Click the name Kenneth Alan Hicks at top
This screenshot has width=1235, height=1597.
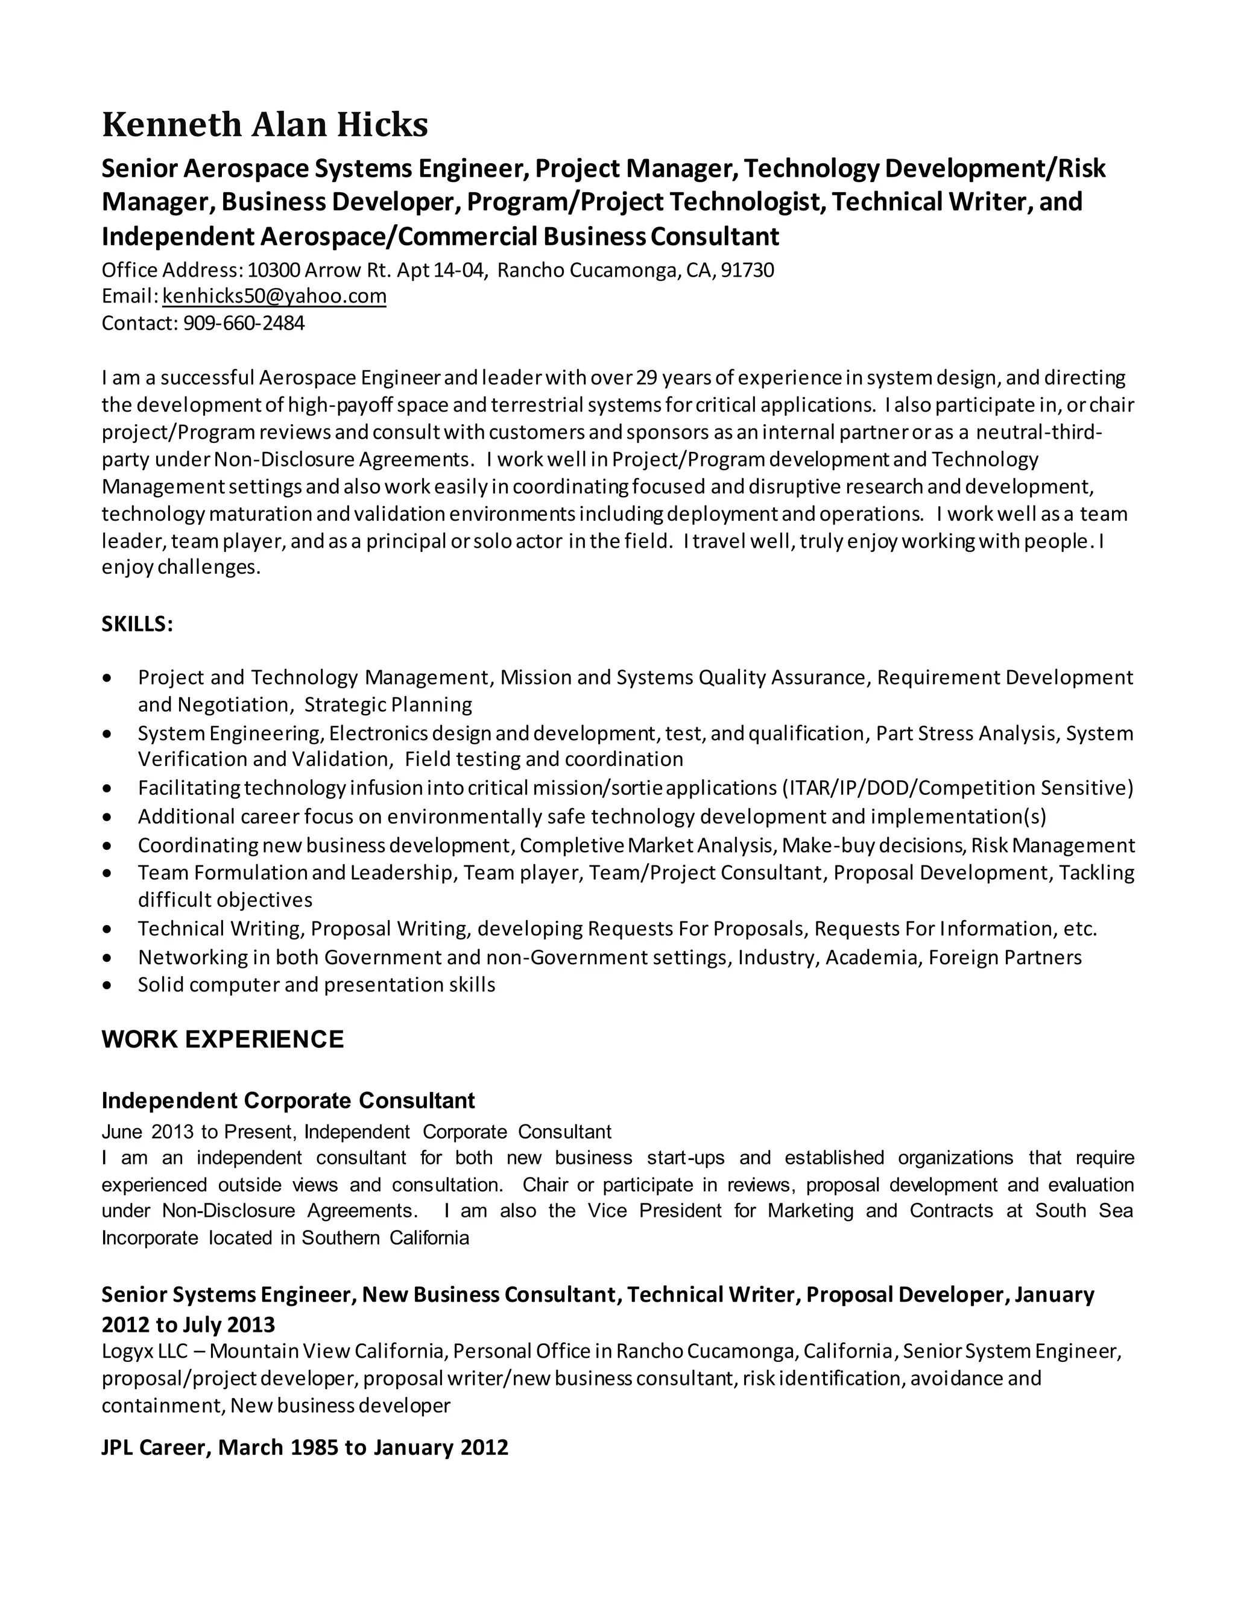[x=264, y=125]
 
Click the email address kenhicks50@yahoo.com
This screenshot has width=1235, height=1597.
[x=274, y=296]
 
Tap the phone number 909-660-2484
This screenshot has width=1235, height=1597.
[x=244, y=322]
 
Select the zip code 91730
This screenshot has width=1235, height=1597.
[x=747, y=271]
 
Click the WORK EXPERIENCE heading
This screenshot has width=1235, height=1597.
[x=223, y=1039]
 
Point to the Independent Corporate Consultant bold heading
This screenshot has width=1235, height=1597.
[x=288, y=1100]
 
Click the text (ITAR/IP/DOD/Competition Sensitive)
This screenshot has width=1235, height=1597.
[x=958, y=788]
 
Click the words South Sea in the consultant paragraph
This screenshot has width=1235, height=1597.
[x=1084, y=1210]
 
